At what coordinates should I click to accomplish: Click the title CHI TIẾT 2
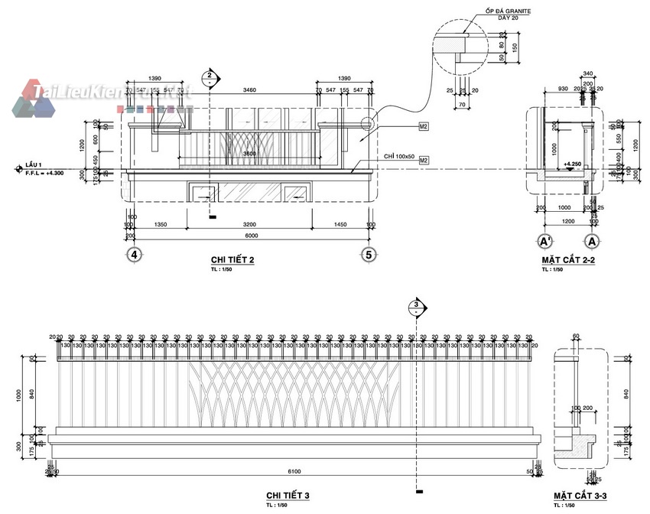(232, 260)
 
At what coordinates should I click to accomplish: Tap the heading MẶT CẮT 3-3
(580, 496)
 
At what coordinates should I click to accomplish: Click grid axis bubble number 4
(135, 254)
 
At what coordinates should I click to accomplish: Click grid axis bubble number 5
(369, 254)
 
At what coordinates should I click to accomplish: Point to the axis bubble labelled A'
(546, 242)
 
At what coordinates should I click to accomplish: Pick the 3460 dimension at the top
(249, 90)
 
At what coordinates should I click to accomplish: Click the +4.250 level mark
(572, 164)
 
